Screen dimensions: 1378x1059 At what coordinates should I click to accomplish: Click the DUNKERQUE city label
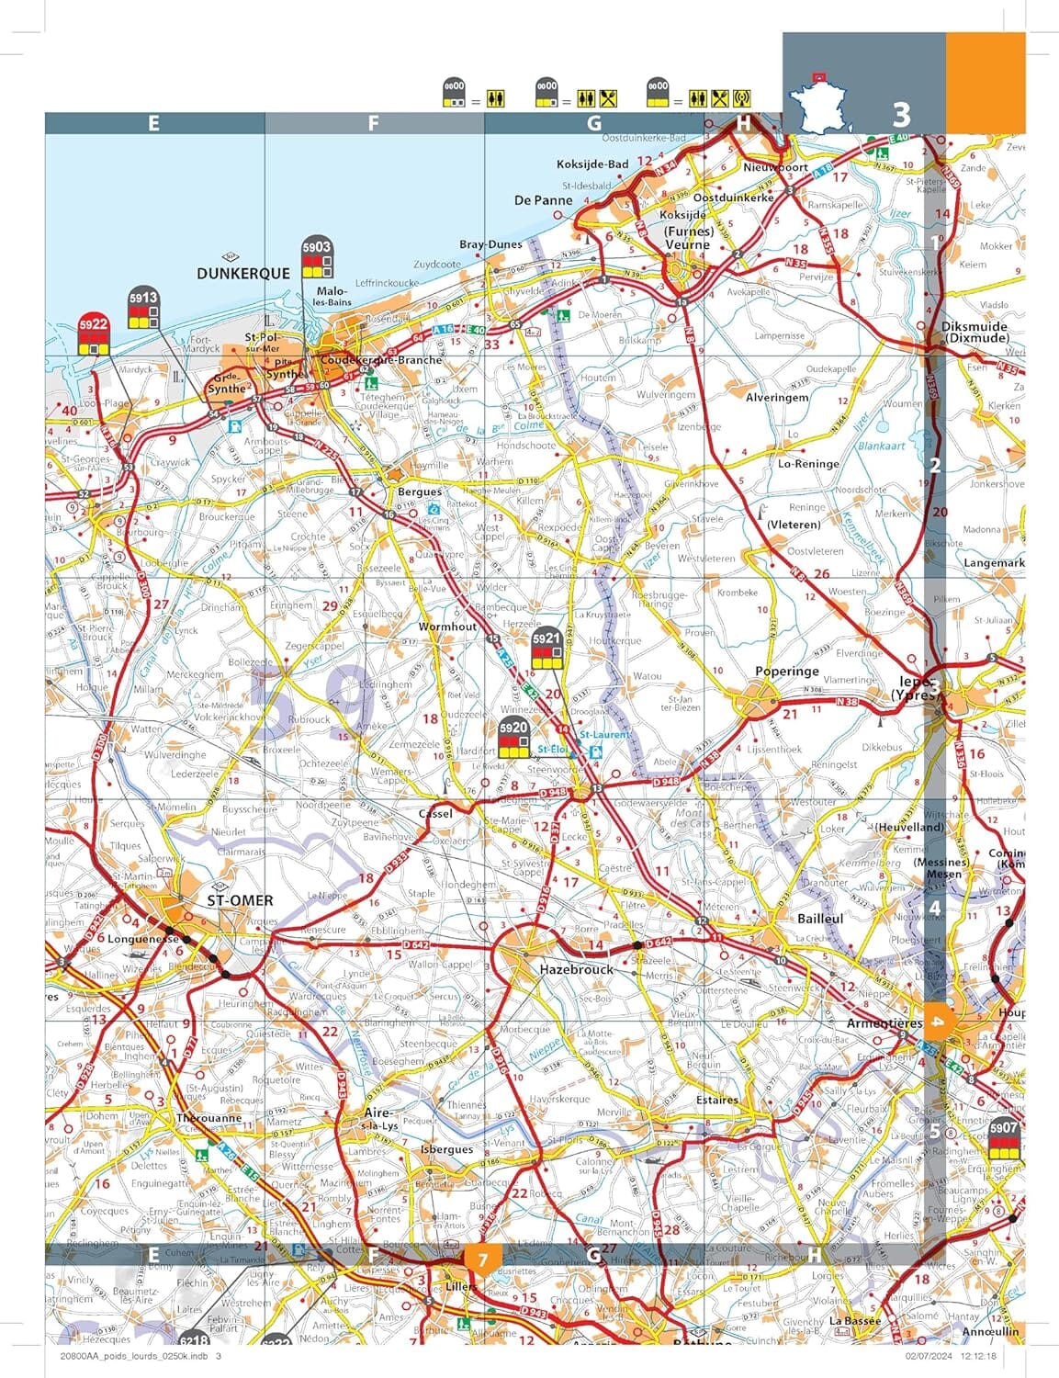pos(243,274)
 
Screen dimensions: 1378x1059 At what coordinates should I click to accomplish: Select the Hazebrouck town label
pos(576,969)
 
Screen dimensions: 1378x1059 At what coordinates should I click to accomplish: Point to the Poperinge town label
pos(786,672)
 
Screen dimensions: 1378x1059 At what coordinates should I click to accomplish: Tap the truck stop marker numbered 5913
pos(143,308)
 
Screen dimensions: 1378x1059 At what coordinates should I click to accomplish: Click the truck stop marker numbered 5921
pos(546,648)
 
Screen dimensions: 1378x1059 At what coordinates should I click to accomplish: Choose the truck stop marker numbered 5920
pos(513,738)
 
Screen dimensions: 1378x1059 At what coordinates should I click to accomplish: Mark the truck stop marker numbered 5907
pos(1004,1138)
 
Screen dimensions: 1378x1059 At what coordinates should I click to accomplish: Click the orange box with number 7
pos(483,1258)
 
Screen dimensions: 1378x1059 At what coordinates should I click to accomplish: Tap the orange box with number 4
pos(935,1021)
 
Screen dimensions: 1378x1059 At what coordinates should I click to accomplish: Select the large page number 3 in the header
pos(901,114)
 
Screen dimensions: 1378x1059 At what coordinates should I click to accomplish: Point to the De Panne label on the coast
pos(543,200)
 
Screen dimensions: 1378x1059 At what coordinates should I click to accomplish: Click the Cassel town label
pos(435,814)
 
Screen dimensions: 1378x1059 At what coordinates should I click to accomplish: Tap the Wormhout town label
pos(447,627)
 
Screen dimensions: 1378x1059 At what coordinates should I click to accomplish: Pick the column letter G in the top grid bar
pos(594,124)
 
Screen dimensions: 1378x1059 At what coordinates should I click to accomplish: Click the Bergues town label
pos(420,492)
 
